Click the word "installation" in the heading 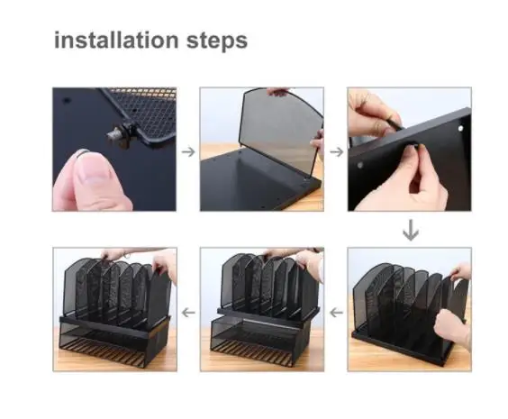[x=116, y=40]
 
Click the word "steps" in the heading [x=217, y=41]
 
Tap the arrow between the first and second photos [x=188, y=151]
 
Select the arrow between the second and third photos [x=337, y=151]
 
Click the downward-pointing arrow [x=411, y=230]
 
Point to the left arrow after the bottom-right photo [x=336, y=313]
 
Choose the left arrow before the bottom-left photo [x=188, y=313]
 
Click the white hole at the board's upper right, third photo [x=460, y=129]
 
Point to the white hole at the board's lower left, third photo [x=359, y=165]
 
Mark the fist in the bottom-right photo [x=451, y=328]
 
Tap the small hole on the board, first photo [x=67, y=100]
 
